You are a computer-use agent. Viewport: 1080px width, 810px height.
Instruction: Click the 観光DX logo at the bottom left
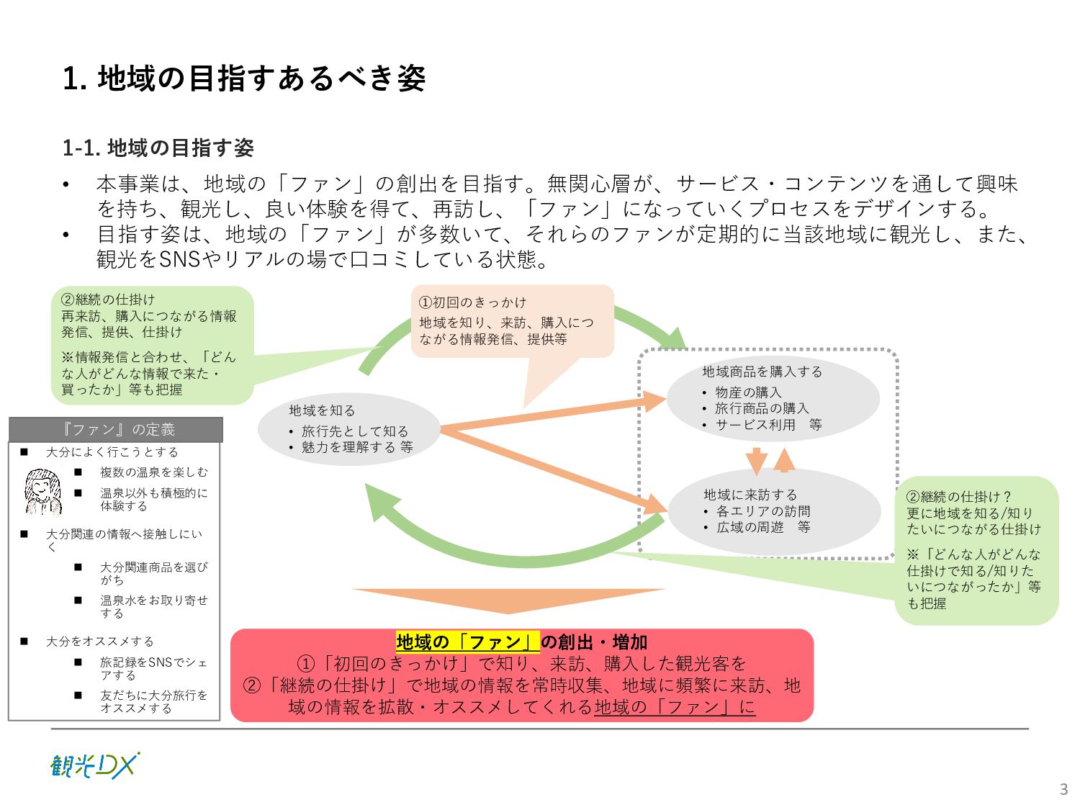tap(95, 765)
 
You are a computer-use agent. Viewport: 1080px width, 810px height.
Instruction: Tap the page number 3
tap(1063, 789)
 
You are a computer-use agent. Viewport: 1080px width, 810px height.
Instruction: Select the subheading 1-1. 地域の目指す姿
tap(158, 148)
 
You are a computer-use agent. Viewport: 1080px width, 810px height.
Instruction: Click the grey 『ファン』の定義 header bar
tap(116, 430)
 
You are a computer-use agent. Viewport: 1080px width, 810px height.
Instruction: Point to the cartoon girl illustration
tap(42, 492)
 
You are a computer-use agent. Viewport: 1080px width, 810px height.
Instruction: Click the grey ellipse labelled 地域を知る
tap(349, 428)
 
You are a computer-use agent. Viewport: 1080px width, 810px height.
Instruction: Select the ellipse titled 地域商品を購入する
tap(773, 399)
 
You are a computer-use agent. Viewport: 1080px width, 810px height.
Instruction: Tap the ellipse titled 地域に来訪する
tap(774, 511)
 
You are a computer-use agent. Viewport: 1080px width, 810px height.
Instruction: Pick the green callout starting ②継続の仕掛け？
tap(976, 550)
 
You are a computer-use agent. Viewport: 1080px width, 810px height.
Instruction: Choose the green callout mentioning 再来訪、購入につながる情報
tap(152, 345)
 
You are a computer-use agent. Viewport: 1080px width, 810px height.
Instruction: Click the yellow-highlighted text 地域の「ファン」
tap(467, 642)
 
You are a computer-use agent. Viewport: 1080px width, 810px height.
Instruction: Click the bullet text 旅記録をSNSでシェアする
tap(153, 669)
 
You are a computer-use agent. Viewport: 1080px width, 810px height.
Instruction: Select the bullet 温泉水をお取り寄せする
tap(153, 606)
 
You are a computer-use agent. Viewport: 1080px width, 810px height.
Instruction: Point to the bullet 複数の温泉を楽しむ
tap(153, 472)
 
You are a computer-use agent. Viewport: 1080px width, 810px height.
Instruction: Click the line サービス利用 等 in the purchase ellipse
tap(768, 425)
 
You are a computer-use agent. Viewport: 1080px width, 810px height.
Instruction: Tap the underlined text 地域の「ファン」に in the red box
tap(675, 707)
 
